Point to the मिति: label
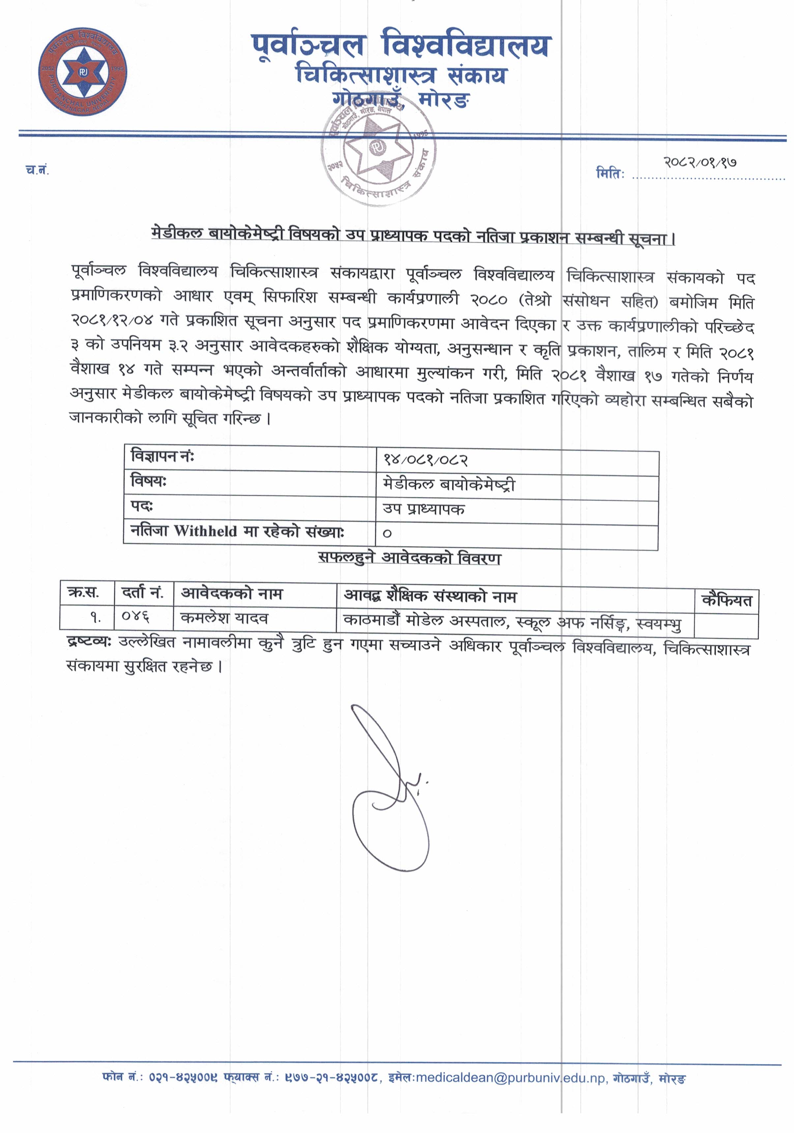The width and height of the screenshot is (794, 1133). pos(610,174)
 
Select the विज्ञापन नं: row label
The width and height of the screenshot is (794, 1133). pos(162,457)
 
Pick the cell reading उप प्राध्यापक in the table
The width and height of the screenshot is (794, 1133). pos(424,509)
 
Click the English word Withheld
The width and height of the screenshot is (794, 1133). pos(205,531)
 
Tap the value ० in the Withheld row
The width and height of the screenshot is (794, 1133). pos(387,533)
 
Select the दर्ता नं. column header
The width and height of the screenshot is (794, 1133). pos(143,593)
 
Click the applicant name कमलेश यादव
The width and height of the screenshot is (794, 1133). pos(224,618)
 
